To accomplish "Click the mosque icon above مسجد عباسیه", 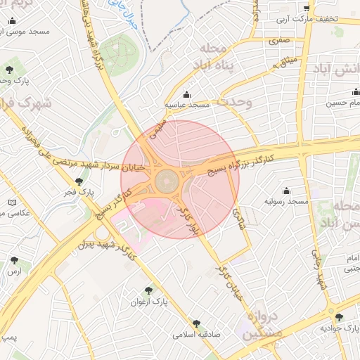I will tap(186, 95).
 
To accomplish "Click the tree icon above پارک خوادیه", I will tap(340, 318).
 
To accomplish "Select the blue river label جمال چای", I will tap(124, 14).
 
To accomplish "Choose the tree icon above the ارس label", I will tap(14, 260).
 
